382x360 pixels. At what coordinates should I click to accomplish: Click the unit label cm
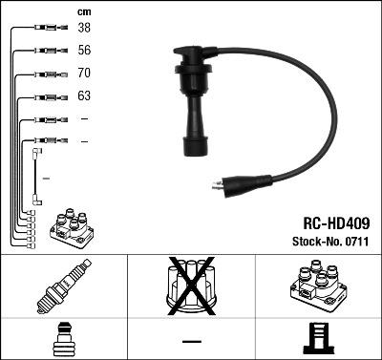[84, 11]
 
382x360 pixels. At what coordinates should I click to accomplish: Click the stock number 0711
[356, 242]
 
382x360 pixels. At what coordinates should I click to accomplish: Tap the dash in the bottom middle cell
[192, 341]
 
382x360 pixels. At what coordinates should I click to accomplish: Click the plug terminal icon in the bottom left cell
[64, 340]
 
